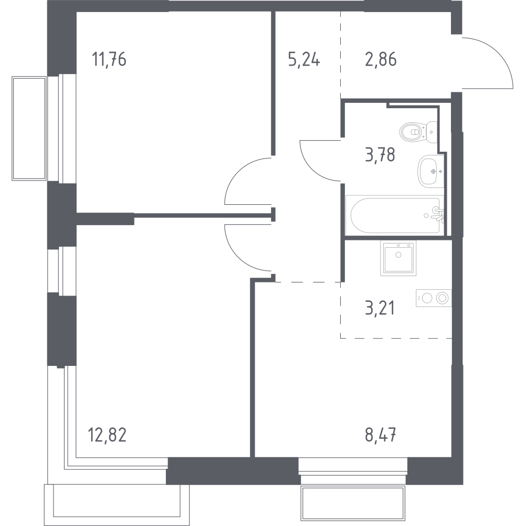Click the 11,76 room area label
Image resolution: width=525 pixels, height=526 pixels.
[x=109, y=59]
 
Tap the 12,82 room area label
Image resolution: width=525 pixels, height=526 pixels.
[x=107, y=435]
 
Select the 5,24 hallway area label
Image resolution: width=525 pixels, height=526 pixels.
[x=304, y=59]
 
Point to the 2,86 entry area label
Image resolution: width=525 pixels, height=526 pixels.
[x=381, y=59]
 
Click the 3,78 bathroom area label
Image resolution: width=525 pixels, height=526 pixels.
[x=380, y=155]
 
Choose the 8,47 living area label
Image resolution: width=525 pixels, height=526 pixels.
[x=381, y=435]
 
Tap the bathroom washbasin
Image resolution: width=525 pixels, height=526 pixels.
[x=430, y=171]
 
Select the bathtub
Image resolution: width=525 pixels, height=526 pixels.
[x=395, y=215]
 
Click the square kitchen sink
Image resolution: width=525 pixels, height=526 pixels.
[x=398, y=258]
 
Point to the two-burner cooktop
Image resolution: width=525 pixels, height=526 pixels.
[x=434, y=298]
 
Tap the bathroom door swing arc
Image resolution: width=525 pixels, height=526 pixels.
[x=310, y=168]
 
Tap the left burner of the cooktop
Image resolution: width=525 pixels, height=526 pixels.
[x=427, y=298]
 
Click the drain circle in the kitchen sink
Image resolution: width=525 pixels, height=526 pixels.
[x=398, y=255]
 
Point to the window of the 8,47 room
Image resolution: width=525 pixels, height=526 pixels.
[x=353, y=471]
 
